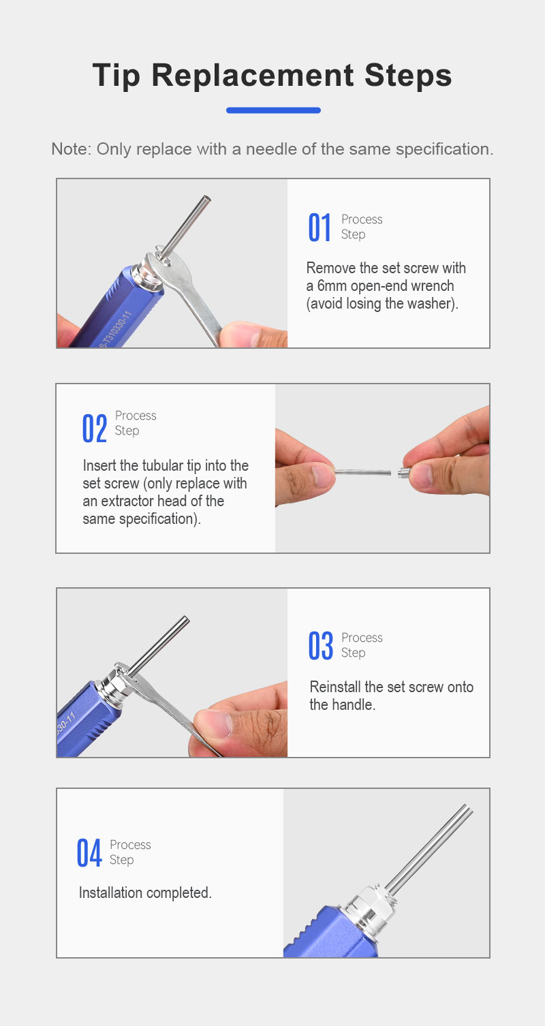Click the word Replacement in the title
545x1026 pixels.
pyautogui.click(x=252, y=76)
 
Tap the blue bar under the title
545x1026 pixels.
pyautogui.click(x=273, y=110)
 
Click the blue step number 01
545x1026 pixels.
pyautogui.click(x=320, y=227)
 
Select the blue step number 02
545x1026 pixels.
pyautogui.click(x=94, y=429)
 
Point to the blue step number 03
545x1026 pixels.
pyautogui.click(x=321, y=646)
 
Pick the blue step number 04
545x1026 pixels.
pyautogui.click(x=89, y=852)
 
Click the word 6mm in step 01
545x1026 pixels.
pyautogui.click(x=332, y=286)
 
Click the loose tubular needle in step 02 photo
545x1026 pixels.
pyautogui.click(x=362, y=471)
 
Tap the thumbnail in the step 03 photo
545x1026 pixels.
pyautogui.click(x=215, y=724)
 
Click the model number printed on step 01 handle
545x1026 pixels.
pyautogui.click(x=115, y=329)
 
